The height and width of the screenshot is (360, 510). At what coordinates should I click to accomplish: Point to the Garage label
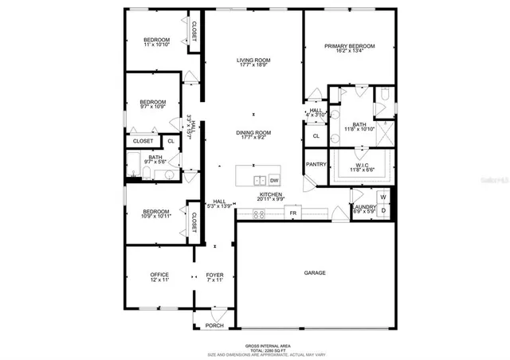point(315,273)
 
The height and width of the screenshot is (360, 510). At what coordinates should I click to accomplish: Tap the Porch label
point(214,326)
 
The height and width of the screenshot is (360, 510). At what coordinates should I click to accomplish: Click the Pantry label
point(316,163)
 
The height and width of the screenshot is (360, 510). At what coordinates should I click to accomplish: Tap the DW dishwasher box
point(274,180)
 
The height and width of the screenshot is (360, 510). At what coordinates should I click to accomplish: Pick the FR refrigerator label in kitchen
point(292,213)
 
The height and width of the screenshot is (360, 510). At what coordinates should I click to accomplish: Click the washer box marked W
point(383,197)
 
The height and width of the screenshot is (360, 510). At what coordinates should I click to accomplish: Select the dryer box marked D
point(383,210)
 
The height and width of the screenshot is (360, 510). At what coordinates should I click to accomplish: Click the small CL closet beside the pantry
point(316,136)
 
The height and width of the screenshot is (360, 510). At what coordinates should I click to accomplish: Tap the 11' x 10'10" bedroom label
point(156,42)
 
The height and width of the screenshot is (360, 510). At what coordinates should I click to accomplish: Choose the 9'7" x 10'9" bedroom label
point(152,104)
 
